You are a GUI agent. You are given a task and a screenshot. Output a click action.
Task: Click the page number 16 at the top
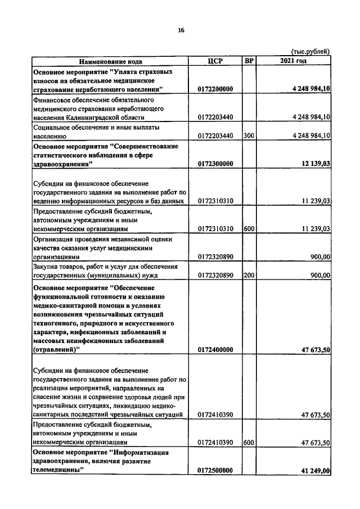pos(181,30)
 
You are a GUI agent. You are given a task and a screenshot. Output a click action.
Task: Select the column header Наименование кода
pos(110,61)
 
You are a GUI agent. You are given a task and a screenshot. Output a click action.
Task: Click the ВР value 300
pos(248,136)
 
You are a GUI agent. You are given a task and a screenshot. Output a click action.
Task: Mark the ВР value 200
pos(248,275)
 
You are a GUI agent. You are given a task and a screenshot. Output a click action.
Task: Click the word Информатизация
pos(142,452)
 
